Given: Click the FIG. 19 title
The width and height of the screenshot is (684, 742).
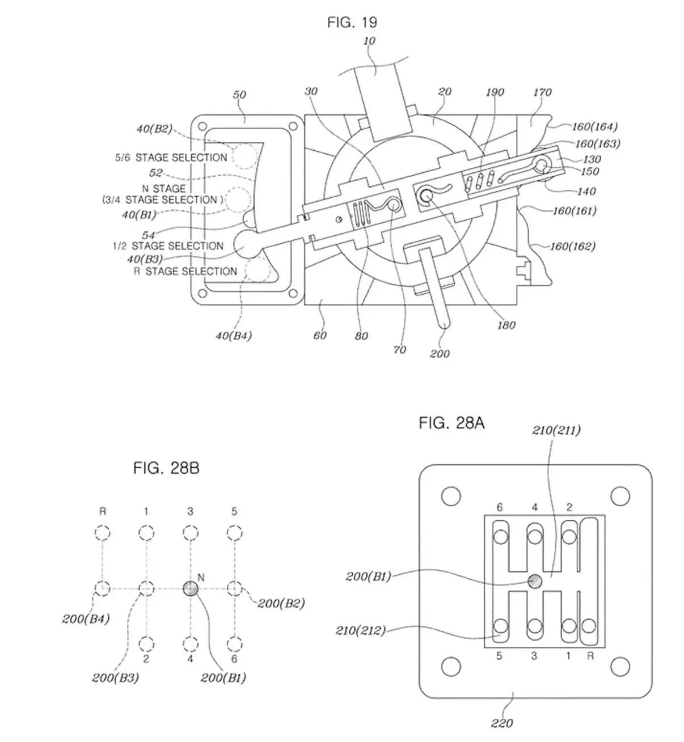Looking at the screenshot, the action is [352, 23].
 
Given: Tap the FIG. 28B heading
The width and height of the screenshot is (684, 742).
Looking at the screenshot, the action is [166, 468].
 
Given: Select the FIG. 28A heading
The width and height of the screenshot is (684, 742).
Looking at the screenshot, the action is [451, 423].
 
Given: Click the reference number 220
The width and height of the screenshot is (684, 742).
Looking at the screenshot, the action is [502, 723].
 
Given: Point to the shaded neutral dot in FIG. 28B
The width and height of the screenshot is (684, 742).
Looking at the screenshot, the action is [191, 588].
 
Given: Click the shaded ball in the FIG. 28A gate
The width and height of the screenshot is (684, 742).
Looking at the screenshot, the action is [534, 581].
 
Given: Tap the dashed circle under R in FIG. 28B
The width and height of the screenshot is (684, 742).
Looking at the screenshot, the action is [103, 533].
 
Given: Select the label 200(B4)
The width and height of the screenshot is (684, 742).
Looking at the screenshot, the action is [86, 619].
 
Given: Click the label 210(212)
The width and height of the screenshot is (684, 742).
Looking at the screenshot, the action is [361, 630].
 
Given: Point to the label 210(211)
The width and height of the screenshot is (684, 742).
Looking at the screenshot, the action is [556, 430].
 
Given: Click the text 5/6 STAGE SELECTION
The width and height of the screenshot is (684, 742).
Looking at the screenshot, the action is [171, 158].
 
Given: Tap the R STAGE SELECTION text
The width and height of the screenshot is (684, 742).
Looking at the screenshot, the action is [185, 271].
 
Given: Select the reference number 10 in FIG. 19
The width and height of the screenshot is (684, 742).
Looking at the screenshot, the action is [369, 41].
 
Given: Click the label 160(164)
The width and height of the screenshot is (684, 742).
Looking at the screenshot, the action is [595, 126].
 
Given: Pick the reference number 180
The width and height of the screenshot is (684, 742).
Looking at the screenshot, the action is [506, 325].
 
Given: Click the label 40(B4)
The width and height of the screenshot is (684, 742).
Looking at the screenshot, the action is [234, 336].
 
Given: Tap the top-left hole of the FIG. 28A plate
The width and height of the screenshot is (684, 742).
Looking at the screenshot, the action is [451, 496].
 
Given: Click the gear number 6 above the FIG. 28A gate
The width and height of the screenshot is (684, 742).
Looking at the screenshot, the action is [500, 507].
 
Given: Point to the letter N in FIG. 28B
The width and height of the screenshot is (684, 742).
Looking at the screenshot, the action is [201, 578].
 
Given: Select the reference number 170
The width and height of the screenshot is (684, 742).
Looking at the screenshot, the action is [542, 92].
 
